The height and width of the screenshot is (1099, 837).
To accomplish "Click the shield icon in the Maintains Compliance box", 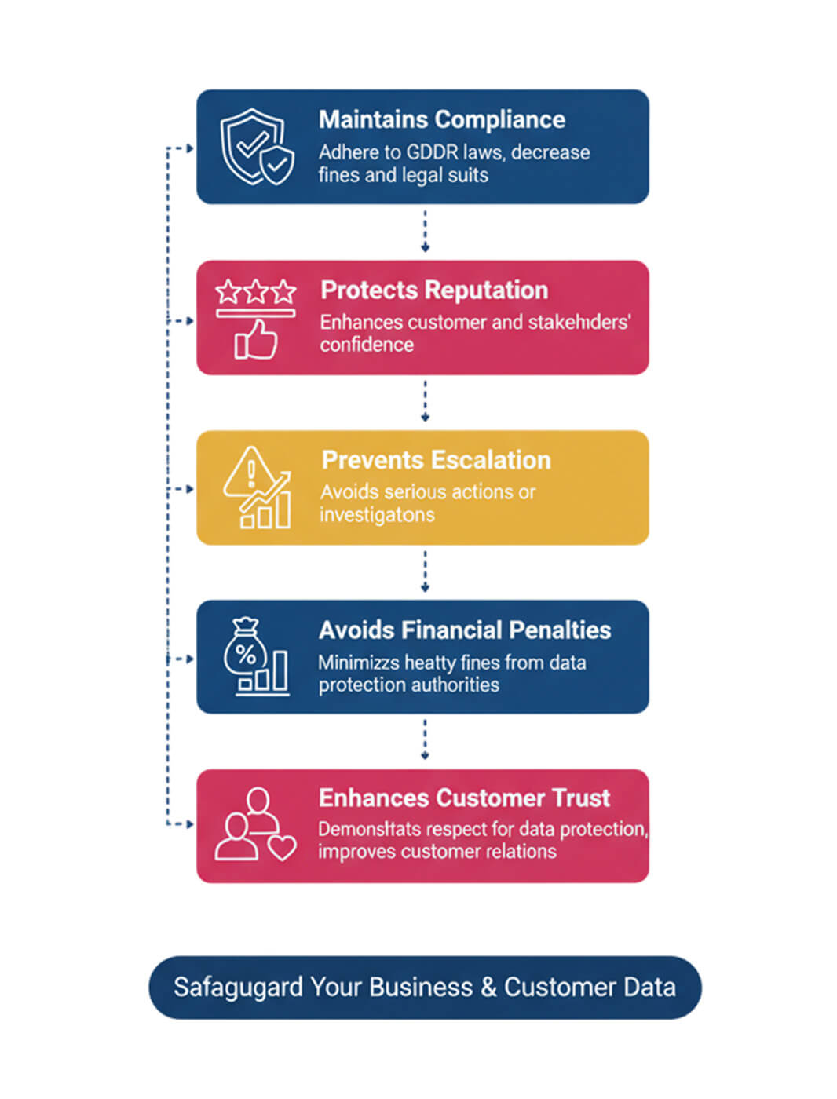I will pyautogui.click(x=256, y=147).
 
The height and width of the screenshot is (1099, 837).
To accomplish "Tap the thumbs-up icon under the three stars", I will pyautogui.click(x=257, y=341).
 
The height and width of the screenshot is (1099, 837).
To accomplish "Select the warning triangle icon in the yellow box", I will pyautogui.click(x=250, y=473).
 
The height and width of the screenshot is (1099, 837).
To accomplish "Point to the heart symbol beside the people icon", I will pyautogui.click(x=282, y=847).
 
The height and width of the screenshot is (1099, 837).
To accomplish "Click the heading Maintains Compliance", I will pyautogui.click(x=441, y=119).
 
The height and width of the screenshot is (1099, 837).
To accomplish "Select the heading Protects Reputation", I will pyautogui.click(x=434, y=290).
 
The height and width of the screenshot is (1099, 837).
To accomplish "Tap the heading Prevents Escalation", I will pyautogui.click(x=436, y=460).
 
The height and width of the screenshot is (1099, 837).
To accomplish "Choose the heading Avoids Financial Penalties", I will pyautogui.click(x=464, y=630).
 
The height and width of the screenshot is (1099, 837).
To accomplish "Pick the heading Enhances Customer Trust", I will pyautogui.click(x=464, y=798).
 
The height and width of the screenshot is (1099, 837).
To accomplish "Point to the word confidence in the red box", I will pyautogui.click(x=367, y=345).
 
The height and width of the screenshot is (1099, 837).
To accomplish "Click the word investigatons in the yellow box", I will pyautogui.click(x=377, y=515).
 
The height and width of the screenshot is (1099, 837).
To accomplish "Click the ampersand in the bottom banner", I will pyautogui.click(x=488, y=987).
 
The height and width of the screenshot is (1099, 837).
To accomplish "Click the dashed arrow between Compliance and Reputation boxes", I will pyautogui.click(x=425, y=232).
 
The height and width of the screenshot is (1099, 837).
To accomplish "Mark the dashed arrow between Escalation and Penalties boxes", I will pyautogui.click(x=425, y=571).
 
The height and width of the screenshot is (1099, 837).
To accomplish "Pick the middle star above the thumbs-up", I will pyautogui.click(x=256, y=292).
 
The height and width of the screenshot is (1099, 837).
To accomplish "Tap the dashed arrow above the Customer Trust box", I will pyautogui.click(x=425, y=740).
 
